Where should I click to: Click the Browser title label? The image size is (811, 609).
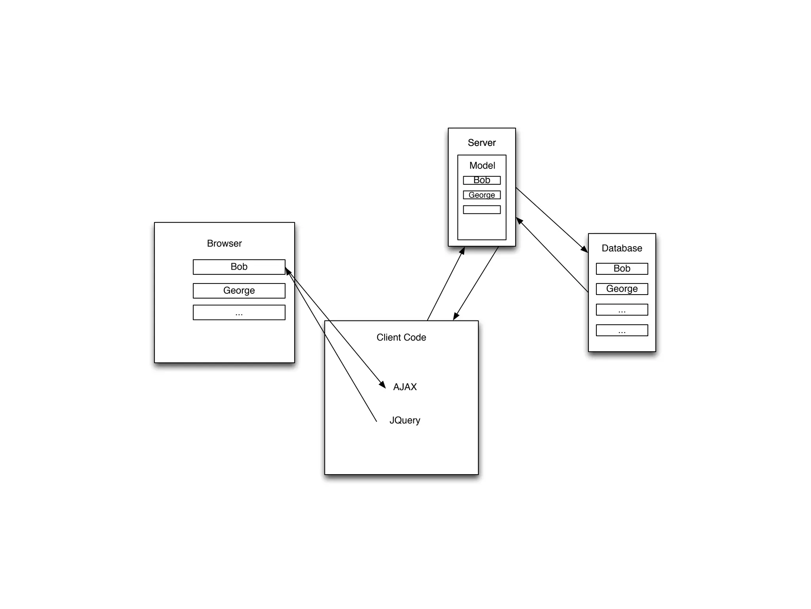tap(224, 243)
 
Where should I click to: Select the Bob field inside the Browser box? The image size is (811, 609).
tap(239, 267)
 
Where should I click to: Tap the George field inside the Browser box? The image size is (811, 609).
tap(239, 291)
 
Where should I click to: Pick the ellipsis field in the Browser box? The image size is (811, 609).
tap(239, 312)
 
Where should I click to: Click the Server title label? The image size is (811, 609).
tap(482, 143)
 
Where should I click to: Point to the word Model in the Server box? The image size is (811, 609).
tap(482, 165)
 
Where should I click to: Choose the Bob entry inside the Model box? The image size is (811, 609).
tap(482, 180)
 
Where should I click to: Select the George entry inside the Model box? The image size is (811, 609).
tap(482, 195)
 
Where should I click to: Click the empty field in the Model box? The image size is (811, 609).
tap(482, 210)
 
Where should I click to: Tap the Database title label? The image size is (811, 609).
tap(622, 248)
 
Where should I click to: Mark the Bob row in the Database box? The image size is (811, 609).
tap(622, 269)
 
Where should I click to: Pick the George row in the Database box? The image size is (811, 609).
tap(622, 289)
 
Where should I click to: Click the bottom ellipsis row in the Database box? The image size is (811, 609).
tap(622, 330)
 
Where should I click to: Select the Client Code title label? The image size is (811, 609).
tap(401, 337)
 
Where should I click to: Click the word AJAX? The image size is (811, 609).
tap(405, 387)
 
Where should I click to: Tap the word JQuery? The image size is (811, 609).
tap(405, 420)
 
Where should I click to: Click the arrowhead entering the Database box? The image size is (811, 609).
tap(584, 249)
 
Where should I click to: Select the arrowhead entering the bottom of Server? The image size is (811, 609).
tap(462, 251)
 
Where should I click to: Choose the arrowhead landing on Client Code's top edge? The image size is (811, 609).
tap(456, 316)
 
